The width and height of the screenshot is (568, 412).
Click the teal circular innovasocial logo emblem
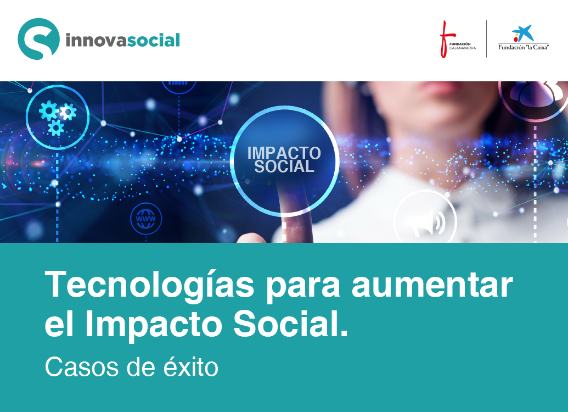(x=38, y=39)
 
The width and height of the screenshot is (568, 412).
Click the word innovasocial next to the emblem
(x=123, y=40)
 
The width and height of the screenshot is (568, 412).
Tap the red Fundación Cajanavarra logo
(x=457, y=39)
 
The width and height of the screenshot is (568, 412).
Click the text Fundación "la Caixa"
(x=524, y=47)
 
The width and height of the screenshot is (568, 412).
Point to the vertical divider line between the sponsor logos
(x=486, y=39)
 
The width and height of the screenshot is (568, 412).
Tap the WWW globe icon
(x=146, y=219)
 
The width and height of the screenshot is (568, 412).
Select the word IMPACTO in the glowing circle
(x=284, y=153)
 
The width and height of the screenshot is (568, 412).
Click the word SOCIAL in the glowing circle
(x=284, y=166)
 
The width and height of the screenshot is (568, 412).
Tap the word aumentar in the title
(x=432, y=286)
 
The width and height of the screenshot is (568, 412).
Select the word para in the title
(x=303, y=289)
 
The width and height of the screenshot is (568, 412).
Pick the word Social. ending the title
(x=290, y=322)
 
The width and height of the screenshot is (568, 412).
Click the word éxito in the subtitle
(x=191, y=366)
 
